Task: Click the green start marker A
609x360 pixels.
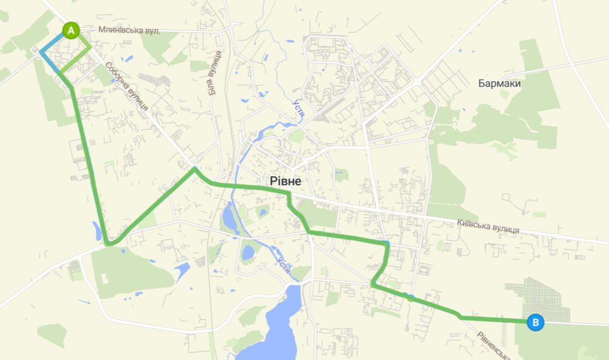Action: point(70,30)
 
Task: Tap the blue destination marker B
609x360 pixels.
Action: point(535,323)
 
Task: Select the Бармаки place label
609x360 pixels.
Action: point(499,84)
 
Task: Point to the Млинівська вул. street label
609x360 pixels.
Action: point(129,31)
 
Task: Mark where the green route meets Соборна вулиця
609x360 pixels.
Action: point(194,168)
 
